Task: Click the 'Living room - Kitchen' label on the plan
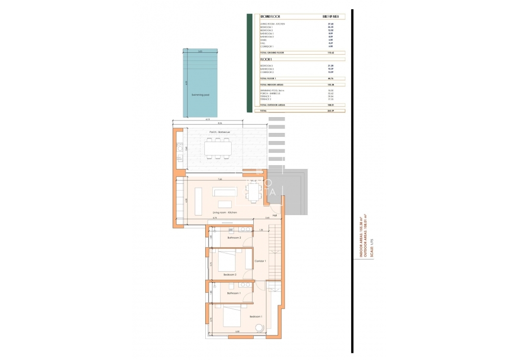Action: (x=224, y=212)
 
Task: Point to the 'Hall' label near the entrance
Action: (x=275, y=216)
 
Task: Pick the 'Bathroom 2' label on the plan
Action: (x=234, y=238)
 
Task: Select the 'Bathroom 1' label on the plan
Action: (x=234, y=293)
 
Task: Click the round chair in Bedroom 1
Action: (x=259, y=328)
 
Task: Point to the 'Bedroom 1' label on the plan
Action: (x=256, y=317)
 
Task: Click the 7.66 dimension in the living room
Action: (x=220, y=180)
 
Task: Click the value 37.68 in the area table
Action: (x=330, y=23)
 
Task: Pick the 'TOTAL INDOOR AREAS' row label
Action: (x=271, y=84)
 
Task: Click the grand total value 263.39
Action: (x=330, y=111)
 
